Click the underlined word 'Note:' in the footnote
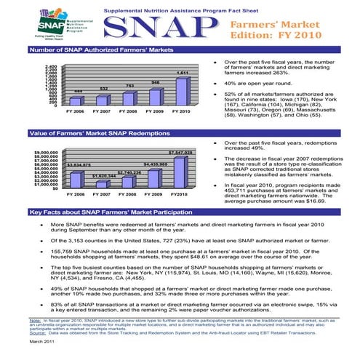click(x=34, y=319)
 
